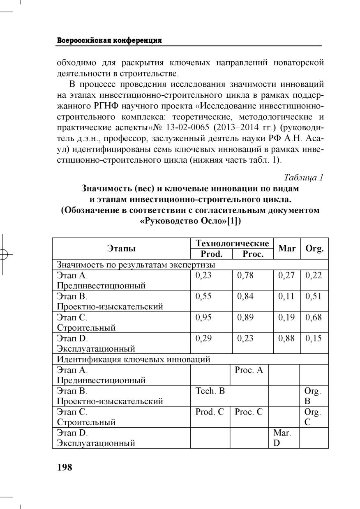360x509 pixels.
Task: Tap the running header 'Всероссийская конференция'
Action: tap(109, 40)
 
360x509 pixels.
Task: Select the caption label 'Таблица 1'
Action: tap(304, 177)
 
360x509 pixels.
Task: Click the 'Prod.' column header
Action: tap(211, 254)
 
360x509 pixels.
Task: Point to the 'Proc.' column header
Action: tap(253, 254)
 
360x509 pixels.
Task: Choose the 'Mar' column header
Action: tap(287, 249)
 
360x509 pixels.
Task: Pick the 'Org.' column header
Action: tap(315, 249)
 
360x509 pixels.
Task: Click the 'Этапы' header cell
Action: tap(122, 248)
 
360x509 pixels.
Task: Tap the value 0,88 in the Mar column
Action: tap(286, 339)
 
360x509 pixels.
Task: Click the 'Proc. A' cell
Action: tap(249, 370)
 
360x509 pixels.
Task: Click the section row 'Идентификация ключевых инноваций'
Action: tap(134, 359)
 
